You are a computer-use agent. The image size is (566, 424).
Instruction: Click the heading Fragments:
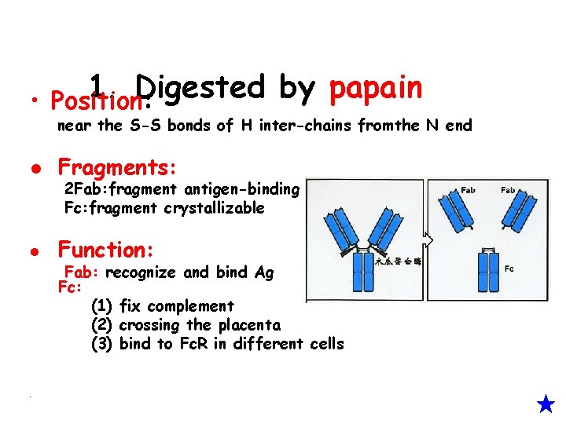tap(118, 167)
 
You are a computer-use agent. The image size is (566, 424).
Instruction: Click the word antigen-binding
tap(241, 188)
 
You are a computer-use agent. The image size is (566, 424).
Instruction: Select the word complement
tap(190, 306)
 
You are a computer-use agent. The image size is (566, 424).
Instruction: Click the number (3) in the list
tap(102, 344)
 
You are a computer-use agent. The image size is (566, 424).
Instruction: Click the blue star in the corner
tap(546, 404)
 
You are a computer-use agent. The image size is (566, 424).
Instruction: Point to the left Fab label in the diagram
tap(468, 190)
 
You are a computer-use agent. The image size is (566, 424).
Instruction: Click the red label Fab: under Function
tap(82, 272)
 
